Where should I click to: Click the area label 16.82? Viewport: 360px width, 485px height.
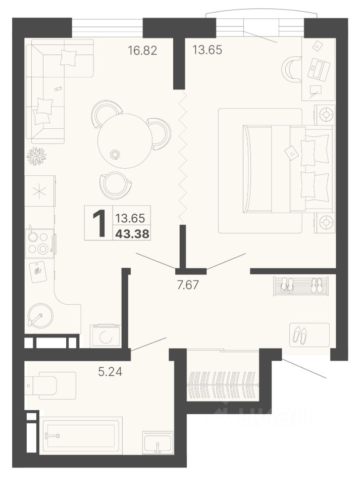[x=142, y=50]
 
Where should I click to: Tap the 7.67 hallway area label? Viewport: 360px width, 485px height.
[x=187, y=284]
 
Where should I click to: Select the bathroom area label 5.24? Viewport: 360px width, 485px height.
[x=110, y=372]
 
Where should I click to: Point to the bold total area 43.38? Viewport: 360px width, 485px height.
[x=132, y=234]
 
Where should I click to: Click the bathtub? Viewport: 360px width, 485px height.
[x=81, y=435]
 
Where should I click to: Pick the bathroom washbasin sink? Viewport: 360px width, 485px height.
[x=158, y=443]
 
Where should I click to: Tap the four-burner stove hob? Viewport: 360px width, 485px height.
[x=39, y=243]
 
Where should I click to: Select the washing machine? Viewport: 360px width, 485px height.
[x=106, y=335]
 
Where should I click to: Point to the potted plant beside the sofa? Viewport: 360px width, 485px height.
[x=36, y=156]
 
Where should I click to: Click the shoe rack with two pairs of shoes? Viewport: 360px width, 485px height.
[x=300, y=286]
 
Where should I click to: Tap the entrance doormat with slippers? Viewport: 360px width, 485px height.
[x=310, y=334]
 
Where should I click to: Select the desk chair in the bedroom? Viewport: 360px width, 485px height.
[x=291, y=70]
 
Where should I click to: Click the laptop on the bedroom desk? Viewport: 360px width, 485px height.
[x=320, y=68]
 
